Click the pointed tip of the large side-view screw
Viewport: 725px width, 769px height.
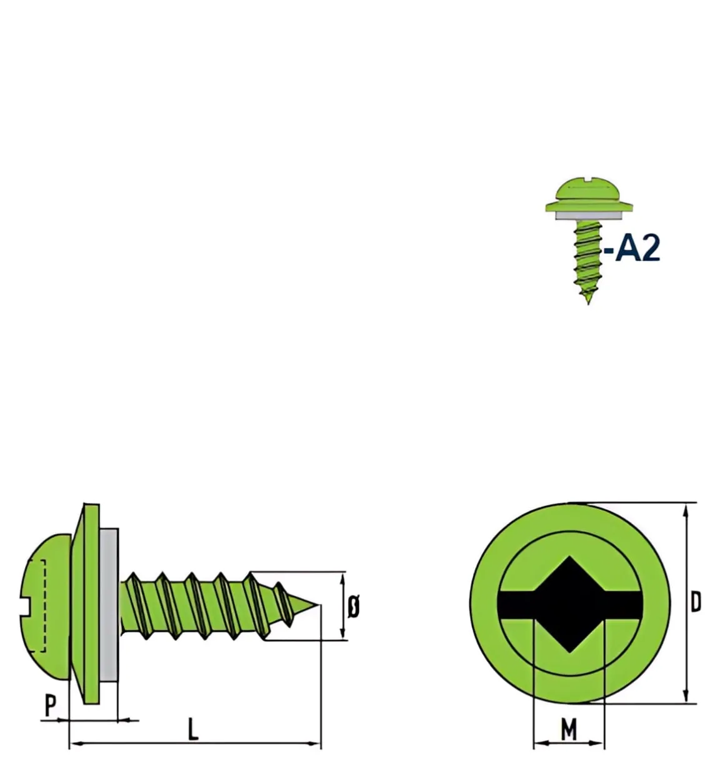[319, 605]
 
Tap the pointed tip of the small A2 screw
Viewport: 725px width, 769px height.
[588, 304]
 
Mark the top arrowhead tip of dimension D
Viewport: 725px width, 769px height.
[686, 505]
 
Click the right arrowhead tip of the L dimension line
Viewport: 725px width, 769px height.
[320, 743]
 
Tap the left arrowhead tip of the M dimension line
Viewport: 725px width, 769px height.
[534, 743]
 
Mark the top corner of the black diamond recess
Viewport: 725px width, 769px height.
[569, 557]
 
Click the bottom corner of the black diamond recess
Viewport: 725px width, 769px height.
[569, 653]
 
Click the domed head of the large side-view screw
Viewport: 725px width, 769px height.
[46, 607]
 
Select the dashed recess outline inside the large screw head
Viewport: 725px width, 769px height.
[40, 606]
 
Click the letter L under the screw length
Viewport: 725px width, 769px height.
[192, 729]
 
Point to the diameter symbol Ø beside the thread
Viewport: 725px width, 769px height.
[353, 607]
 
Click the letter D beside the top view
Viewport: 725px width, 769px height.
[696, 602]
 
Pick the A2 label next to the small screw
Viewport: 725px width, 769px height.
[632, 249]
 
